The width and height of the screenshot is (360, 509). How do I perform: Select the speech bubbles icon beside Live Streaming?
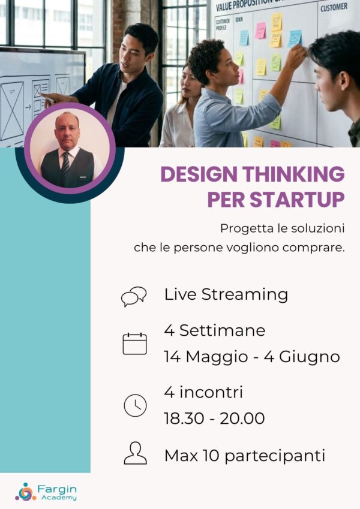(134, 296)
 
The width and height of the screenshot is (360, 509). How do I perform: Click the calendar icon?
(134, 344)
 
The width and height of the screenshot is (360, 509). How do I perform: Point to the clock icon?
(135, 405)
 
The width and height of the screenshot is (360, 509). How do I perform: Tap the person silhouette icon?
(135, 453)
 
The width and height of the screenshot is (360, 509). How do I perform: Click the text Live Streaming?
(226, 294)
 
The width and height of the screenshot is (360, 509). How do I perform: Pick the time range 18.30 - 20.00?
(214, 418)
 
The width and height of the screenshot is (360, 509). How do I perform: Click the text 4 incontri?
(203, 393)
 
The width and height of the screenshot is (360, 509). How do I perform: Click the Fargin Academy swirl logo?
(25, 491)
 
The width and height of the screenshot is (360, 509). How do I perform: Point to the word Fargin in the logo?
(55, 488)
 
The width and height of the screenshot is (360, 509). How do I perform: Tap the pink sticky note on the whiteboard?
(260, 31)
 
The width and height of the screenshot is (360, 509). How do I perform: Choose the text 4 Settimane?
(214, 330)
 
